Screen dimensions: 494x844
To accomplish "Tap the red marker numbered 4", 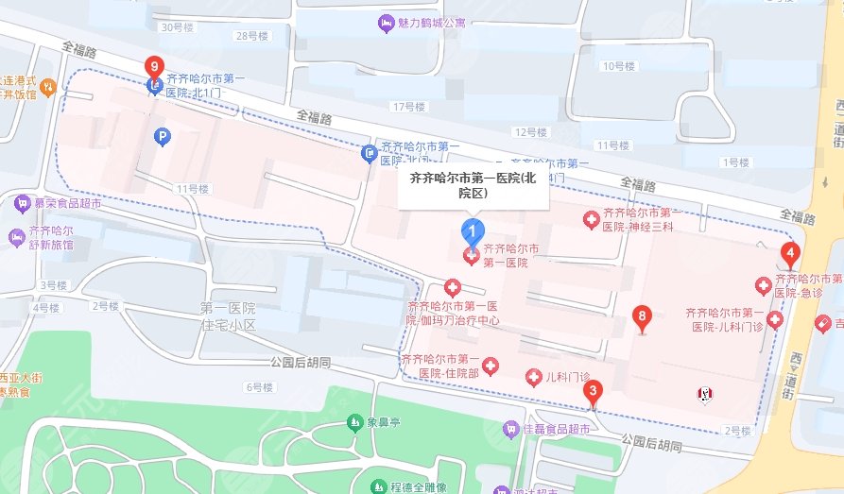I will coord(790,254).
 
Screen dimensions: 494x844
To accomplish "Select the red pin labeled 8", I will coord(643,317).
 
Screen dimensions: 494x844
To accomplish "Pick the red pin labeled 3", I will coord(593,390).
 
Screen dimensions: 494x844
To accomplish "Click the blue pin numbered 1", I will coord(472,230).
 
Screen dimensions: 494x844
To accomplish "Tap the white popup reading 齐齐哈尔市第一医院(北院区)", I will coord(472,184).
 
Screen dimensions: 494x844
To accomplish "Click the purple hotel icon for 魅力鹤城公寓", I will coord(385,23).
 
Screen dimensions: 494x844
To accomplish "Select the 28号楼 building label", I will coord(251,36).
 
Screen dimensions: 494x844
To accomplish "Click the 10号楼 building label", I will coord(619,66).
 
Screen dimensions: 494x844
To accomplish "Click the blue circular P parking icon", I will coord(163,138).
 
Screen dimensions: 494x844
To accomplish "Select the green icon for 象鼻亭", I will coord(354,421).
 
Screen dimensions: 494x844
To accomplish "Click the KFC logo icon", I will coord(704,394).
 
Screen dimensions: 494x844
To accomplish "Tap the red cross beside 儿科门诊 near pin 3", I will coord(533,378).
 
